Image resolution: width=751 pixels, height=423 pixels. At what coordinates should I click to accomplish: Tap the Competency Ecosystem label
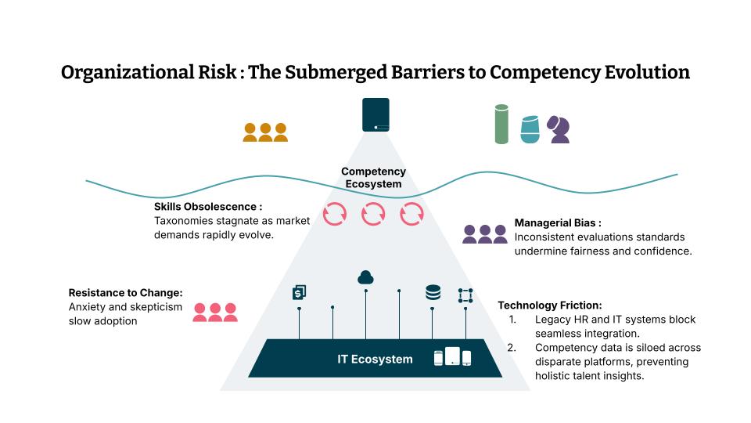(373, 178)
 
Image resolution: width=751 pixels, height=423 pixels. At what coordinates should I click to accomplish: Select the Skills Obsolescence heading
(208, 207)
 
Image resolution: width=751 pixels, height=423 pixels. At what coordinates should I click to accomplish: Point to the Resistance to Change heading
(125, 293)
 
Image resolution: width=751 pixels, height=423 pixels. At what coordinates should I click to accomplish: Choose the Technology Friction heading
(550, 305)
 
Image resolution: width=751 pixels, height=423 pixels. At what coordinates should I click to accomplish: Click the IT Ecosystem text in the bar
(375, 360)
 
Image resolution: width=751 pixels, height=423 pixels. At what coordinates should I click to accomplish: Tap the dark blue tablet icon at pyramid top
(375, 114)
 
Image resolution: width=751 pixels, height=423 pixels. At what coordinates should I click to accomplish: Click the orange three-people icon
(265, 132)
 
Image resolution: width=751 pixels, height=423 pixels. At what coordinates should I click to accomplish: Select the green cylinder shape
(501, 125)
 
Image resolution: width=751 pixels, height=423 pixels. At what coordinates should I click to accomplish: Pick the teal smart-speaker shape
(530, 129)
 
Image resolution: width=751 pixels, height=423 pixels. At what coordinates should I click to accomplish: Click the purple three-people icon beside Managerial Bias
(485, 234)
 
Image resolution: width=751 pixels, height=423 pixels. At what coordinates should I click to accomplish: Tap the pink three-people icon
(215, 312)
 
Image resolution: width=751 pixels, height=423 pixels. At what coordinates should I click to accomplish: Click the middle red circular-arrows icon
(373, 214)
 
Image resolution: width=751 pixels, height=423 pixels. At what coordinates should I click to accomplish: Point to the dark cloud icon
(365, 277)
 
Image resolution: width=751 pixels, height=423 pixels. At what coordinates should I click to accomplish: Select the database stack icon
(433, 292)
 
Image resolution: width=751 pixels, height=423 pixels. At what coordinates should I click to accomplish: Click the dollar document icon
(298, 292)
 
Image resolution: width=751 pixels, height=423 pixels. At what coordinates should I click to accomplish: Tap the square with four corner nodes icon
(465, 295)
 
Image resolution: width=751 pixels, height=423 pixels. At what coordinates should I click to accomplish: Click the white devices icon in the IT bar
(453, 357)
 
